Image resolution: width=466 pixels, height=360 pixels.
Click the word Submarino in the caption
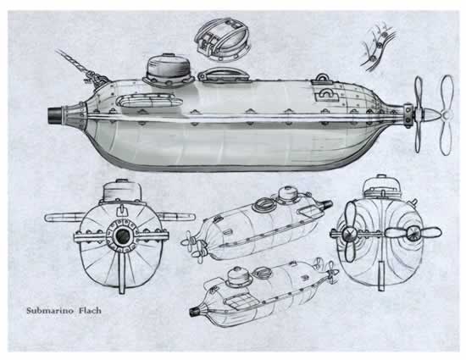tap(54, 312)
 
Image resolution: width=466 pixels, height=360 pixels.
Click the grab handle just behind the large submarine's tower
tap(218, 76)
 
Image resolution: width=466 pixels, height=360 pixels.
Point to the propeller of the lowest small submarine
tap(330, 273)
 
